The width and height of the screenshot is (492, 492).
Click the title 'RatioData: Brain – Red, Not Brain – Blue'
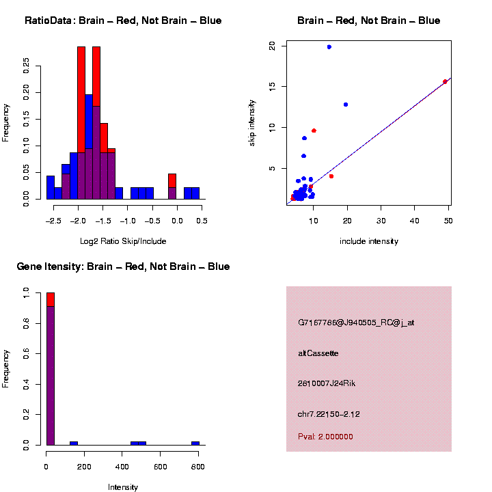coord(123,20)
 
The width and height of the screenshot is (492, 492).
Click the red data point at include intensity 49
coord(445,81)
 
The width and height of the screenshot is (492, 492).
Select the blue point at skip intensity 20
coord(329,47)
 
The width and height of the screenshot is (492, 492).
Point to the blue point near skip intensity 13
coord(346,105)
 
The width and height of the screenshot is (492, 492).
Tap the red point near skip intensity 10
coord(314,131)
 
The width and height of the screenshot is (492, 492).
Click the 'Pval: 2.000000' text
coord(325,437)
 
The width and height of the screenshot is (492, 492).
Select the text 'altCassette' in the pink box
coord(318,353)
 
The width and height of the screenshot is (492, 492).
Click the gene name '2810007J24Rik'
coord(326,383)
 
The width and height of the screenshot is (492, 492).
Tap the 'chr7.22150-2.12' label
coord(329,414)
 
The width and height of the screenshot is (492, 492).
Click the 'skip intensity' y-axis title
coord(252,126)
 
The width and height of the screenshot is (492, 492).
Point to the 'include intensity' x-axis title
coord(368,241)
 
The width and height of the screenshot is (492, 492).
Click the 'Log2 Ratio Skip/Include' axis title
coord(123,241)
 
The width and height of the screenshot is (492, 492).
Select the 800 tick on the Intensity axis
coord(199,467)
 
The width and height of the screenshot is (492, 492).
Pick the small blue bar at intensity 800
coord(195,443)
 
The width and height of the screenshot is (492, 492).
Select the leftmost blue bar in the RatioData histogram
coord(50,187)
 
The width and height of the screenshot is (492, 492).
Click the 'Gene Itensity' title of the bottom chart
coord(122,266)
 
